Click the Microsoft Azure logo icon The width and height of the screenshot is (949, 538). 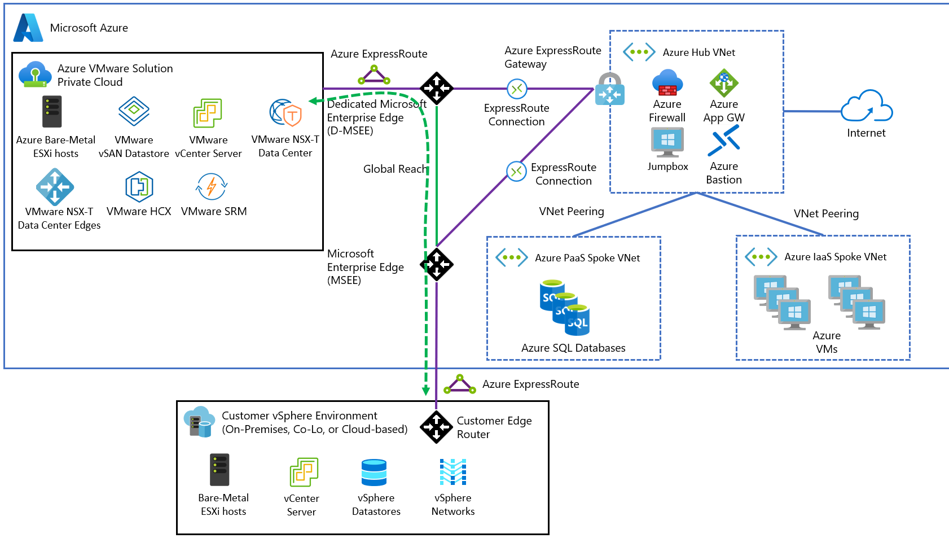[28, 28]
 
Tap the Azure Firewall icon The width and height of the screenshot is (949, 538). [667, 83]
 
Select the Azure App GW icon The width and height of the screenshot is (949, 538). [724, 83]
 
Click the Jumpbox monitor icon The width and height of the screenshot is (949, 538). [667, 142]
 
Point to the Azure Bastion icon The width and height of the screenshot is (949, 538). [724, 141]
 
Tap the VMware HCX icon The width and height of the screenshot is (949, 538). [139, 187]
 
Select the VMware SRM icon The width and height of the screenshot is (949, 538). [212, 186]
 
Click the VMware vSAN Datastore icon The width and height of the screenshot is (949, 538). [134, 111]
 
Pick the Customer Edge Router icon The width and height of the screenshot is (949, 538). [436, 427]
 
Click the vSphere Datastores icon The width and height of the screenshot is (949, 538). [374, 473]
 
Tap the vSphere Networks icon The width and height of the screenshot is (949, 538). [453, 472]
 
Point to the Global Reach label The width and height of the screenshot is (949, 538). [395, 169]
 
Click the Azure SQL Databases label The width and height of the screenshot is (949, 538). [573, 348]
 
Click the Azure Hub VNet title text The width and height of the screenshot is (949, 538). [698, 53]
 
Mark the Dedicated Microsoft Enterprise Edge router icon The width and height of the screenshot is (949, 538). [437, 88]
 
